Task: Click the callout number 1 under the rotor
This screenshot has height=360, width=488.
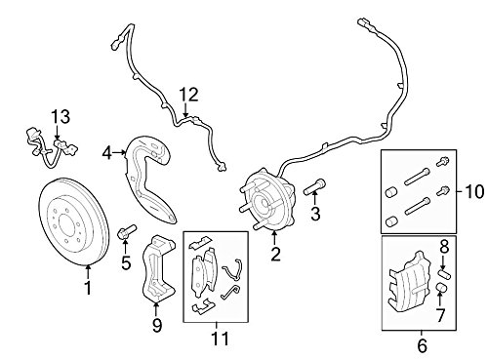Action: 88,288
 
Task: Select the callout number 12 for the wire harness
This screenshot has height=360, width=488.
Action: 189,95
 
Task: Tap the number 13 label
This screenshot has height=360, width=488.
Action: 61,116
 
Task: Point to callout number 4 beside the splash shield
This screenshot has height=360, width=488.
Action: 106,153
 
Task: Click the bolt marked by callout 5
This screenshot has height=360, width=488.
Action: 126,232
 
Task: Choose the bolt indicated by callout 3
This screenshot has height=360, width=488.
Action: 314,187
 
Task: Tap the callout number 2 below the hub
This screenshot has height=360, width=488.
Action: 275,254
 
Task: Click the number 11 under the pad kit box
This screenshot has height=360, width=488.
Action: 221,339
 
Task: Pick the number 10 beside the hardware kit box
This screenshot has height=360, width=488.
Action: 474,191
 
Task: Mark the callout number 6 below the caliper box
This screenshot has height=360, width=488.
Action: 422,345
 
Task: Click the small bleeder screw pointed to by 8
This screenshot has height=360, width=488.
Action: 445,274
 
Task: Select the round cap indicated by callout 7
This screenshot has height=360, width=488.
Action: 440,288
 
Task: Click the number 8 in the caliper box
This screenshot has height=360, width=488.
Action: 444,246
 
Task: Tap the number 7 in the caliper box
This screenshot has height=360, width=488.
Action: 440,315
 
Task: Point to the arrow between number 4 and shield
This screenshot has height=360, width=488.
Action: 119,152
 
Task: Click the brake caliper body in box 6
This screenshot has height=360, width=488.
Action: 411,282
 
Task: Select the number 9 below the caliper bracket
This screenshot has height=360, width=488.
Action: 157,325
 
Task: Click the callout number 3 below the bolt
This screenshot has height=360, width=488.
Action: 315,214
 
